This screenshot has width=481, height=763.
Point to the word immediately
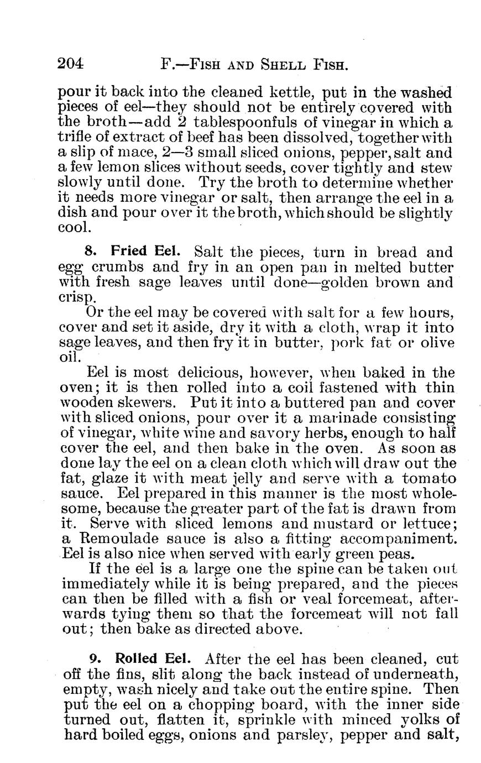(x=114, y=584)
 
